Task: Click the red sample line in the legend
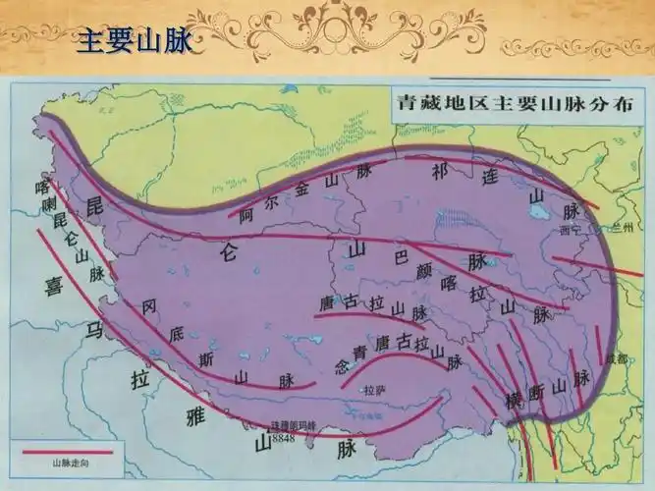coord(66,454)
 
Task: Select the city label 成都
coord(616,357)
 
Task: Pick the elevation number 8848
coord(282,435)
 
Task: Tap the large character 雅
coord(194,416)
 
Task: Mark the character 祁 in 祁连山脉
coord(439,171)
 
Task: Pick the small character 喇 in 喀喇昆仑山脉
coord(45,205)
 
